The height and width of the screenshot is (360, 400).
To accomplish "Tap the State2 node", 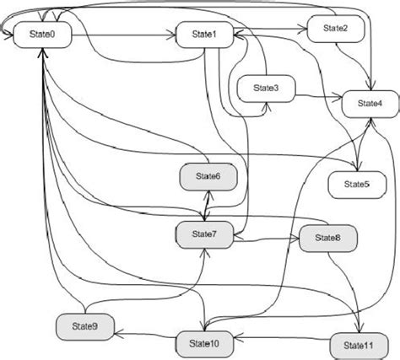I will click(335, 28).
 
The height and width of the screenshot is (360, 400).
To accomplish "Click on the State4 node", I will click(369, 103).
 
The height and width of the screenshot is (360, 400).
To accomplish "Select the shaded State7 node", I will click(204, 234).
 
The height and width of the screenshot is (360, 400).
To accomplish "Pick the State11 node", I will click(355, 344).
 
